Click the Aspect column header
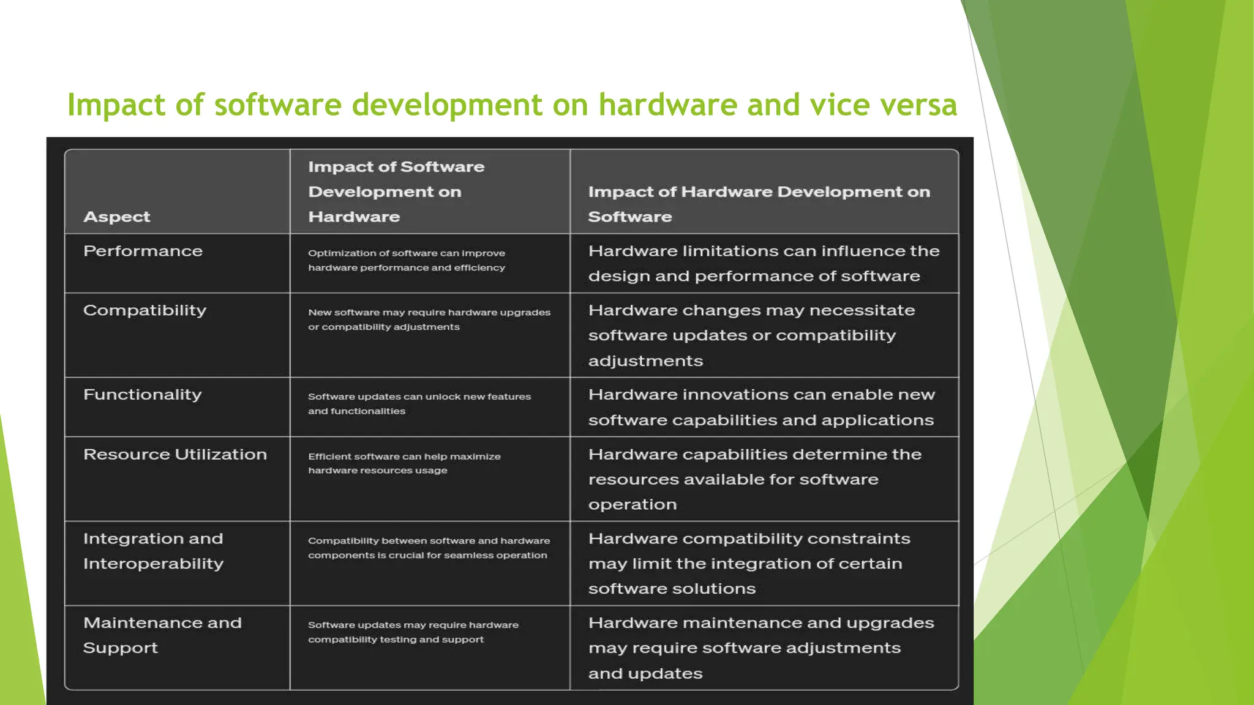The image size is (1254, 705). coord(116,217)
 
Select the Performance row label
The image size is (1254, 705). coord(143,251)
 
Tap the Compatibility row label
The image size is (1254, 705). coord(145,310)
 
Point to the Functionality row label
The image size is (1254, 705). coord(142,395)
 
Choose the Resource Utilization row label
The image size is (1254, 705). coord(175,454)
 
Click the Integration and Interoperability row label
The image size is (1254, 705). coord(153,551)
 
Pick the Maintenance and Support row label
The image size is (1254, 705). coord(162,635)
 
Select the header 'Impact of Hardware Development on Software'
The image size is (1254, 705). coord(758,204)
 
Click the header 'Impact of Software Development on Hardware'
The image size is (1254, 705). coord(396,192)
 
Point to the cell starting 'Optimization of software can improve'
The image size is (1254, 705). coord(406,260)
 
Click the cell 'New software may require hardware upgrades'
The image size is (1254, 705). coord(429,319)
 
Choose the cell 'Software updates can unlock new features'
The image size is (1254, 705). coord(419,403)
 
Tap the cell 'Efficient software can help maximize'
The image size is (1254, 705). coord(404,463)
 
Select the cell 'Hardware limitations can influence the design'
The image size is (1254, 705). coord(763,263)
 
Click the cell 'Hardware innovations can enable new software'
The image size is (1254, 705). coord(761,407)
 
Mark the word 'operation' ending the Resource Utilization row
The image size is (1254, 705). coord(633,505)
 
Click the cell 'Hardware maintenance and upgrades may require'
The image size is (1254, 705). coord(760,647)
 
